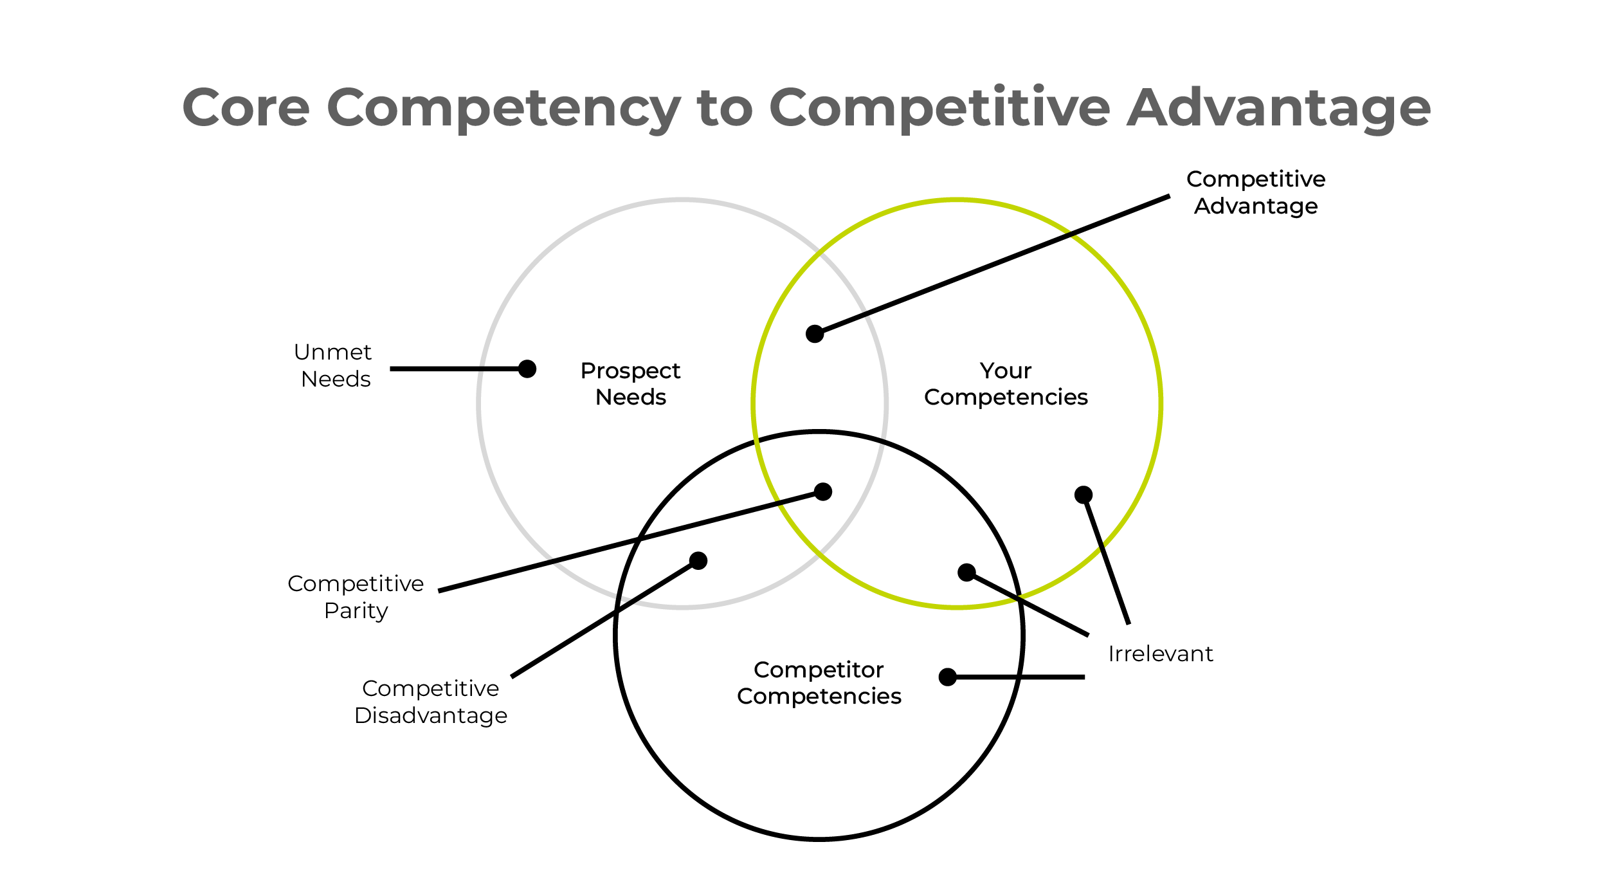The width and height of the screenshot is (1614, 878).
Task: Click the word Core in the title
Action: (x=246, y=107)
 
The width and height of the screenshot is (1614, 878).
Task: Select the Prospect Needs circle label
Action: (x=630, y=383)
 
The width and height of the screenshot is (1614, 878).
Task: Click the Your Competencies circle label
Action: (x=1006, y=383)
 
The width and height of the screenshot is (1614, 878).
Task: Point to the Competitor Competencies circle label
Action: (x=819, y=682)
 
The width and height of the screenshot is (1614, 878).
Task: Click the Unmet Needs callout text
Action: (x=334, y=365)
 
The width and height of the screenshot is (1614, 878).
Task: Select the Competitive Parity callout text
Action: (x=356, y=597)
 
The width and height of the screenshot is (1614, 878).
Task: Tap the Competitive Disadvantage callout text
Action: (x=431, y=702)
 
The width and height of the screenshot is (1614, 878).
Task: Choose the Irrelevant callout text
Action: (x=1161, y=654)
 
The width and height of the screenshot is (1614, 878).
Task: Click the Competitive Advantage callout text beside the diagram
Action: (x=1256, y=192)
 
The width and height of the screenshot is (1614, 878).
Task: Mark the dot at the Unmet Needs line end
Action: (x=527, y=369)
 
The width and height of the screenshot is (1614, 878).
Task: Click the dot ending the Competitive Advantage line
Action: (x=815, y=334)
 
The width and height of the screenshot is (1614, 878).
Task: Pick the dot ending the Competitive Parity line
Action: (x=823, y=491)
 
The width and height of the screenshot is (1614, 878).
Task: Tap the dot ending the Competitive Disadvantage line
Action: (x=698, y=561)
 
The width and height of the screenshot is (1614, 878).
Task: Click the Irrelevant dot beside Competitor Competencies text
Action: (x=948, y=677)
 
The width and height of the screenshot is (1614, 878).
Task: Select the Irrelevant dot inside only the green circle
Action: (x=1084, y=495)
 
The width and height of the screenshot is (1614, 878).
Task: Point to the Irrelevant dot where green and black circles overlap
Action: (x=966, y=572)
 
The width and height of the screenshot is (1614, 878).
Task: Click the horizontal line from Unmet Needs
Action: (x=453, y=369)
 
